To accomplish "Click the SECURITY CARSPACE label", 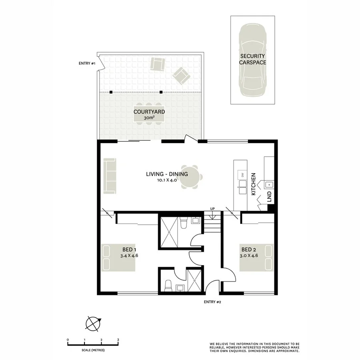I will point(252,59).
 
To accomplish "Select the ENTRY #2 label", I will point(212,302).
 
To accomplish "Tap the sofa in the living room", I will point(109,176).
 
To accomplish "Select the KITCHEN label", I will point(253,184).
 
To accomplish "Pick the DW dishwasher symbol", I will point(242,174).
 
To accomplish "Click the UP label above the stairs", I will point(212,209).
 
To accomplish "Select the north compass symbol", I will point(93,324).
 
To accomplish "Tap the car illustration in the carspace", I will point(253,60).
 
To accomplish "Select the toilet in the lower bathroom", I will point(168,285).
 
